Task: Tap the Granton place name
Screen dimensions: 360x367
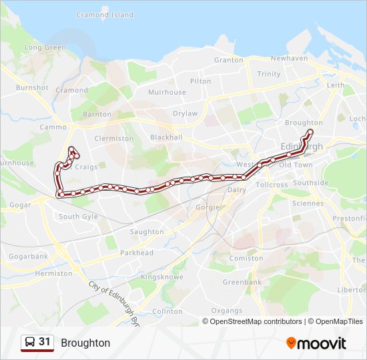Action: click(229, 59)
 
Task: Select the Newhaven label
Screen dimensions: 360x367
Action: click(289, 58)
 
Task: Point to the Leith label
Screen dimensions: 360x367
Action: click(336, 85)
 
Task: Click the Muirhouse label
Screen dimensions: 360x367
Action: click(167, 92)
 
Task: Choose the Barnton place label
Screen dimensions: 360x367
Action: click(97, 114)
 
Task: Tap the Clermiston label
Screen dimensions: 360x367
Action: click(114, 138)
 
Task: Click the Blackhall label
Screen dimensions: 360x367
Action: click(166, 137)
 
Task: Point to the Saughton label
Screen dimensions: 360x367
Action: click(147, 232)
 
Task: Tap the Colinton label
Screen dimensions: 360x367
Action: click(167, 311)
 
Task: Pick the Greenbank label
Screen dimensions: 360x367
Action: click(242, 282)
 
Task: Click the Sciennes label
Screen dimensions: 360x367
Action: click(308, 203)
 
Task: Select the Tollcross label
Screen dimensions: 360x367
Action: click(272, 184)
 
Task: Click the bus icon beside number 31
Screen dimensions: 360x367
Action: click(30, 343)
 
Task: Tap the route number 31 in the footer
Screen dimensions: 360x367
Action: click(45, 342)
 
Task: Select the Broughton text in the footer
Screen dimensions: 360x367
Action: click(85, 343)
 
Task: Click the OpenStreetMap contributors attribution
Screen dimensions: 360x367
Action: click(256, 321)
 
